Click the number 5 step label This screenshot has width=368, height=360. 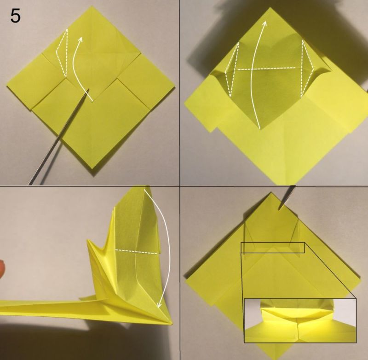coord(15,17)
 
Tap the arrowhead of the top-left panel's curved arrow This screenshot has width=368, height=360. coord(80,40)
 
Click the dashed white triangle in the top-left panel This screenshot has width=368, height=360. coord(62,53)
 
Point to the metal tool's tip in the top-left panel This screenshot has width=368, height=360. coord(88,89)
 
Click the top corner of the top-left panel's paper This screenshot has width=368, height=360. coord(90,6)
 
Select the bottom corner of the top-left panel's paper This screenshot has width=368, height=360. coord(93,168)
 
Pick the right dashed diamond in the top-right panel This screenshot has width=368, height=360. coord(307,68)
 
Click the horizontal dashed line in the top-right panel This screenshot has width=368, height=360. coord(266,69)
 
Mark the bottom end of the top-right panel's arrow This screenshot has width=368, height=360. coord(259,128)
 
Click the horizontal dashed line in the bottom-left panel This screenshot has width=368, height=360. coord(137,251)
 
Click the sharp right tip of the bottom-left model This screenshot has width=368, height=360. coord(171,323)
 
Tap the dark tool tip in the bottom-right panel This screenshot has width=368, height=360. coord(280,209)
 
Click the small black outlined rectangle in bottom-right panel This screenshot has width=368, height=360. coord(273,248)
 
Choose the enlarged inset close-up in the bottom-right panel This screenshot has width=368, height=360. coord(300,320)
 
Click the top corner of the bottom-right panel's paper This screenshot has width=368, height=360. coord(271,193)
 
